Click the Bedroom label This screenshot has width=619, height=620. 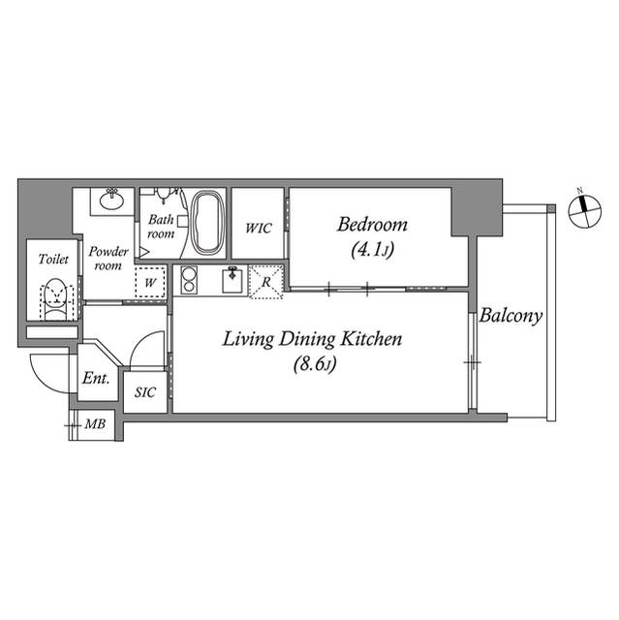[x=372, y=225]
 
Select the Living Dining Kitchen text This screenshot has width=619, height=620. [x=312, y=339]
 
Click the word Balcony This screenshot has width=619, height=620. [x=511, y=316]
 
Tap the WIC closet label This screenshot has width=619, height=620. [x=258, y=229]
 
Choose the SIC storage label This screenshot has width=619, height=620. [x=145, y=392]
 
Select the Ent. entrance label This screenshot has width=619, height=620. [x=95, y=379]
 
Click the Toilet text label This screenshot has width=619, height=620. [x=52, y=260]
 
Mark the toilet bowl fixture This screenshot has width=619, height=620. [x=58, y=294]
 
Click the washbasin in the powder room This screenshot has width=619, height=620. [x=109, y=201]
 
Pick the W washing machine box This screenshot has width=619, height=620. [x=149, y=282]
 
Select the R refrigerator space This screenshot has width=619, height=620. [x=266, y=280]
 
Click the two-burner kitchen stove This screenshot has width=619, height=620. [x=189, y=281]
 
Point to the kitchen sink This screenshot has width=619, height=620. [x=232, y=280]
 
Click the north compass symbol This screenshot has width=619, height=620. [x=581, y=213]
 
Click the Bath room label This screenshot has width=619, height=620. [x=160, y=227]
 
